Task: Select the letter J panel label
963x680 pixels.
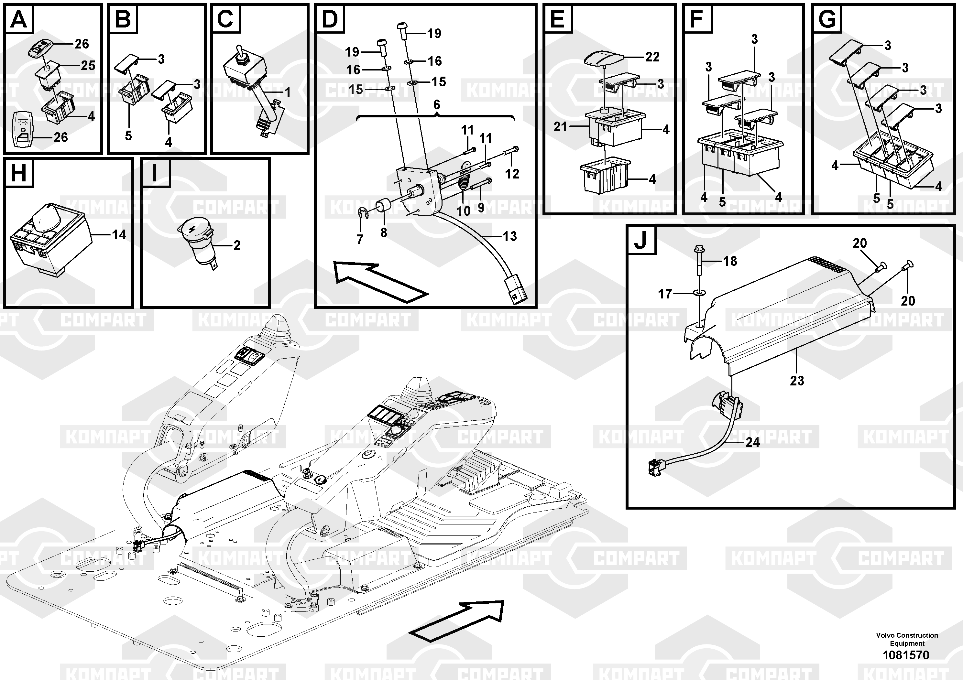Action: point(640,241)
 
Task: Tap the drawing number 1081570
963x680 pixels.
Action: point(906,655)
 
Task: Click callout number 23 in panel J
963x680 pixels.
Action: point(797,380)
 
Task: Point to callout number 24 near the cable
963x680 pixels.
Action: point(752,442)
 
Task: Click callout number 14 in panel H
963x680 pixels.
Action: point(119,234)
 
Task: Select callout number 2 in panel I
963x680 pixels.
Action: point(236,245)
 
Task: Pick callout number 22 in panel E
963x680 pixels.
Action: point(652,57)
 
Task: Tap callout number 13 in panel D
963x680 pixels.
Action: point(509,236)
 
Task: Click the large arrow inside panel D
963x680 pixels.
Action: point(379,281)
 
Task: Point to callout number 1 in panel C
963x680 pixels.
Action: point(288,92)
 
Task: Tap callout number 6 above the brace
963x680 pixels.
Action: point(437,105)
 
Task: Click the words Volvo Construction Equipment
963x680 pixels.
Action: point(907,639)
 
